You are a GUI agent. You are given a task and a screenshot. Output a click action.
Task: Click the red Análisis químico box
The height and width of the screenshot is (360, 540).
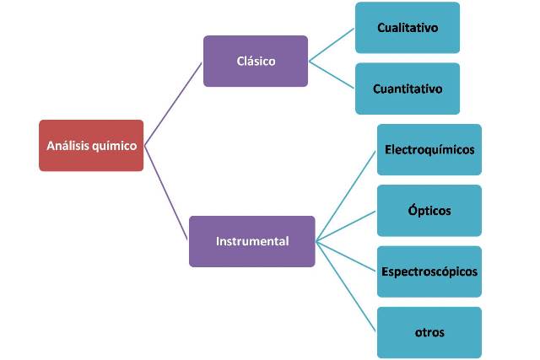(x=91, y=146)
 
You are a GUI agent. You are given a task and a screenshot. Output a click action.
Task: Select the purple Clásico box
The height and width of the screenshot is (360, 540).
(x=256, y=62)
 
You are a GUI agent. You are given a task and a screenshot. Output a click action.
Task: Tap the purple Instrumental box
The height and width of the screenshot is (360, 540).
(x=252, y=241)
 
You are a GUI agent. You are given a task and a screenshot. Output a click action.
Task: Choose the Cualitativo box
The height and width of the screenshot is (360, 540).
(x=408, y=28)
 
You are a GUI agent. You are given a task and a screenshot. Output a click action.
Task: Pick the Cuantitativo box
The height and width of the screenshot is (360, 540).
(x=408, y=89)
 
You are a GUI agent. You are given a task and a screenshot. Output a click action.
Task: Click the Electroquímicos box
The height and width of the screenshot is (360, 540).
(x=429, y=150)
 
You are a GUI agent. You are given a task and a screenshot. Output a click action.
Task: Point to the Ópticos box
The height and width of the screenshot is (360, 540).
(x=429, y=211)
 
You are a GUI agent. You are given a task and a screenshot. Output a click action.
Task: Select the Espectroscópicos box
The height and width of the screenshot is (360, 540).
(x=429, y=271)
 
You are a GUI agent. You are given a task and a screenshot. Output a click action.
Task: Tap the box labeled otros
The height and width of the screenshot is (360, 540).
(x=429, y=332)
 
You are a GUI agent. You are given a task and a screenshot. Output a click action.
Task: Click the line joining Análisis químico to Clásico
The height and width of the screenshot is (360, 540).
(x=173, y=104)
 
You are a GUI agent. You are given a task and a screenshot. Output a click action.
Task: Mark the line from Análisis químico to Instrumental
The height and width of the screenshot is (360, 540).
(x=166, y=193)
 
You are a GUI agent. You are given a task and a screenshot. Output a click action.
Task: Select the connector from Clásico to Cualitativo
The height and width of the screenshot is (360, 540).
(x=332, y=45)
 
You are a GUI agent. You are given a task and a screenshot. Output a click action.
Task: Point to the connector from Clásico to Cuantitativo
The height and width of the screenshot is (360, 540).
(x=332, y=75)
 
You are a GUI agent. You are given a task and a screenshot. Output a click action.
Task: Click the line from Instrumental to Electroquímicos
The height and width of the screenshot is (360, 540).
(x=346, y=196)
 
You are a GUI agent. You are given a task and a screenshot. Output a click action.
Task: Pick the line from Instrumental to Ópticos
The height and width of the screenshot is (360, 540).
(x=346, y=226)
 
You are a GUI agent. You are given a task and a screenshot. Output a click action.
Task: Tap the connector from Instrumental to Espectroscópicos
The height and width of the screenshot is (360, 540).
(x=346, y=256)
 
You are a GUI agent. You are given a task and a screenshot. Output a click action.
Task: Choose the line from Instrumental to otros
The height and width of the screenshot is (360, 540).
(x=346, y=287)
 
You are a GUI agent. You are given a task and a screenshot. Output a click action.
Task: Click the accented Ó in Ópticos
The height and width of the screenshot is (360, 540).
(x=413, y=209)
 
